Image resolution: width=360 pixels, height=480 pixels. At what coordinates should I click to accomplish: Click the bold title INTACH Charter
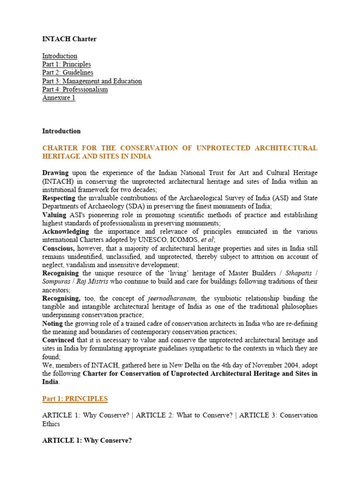[69, 39]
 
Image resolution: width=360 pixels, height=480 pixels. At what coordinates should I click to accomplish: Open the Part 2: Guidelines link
[67, 73]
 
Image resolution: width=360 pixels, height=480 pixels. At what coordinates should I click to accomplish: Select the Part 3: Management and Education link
[92, 81]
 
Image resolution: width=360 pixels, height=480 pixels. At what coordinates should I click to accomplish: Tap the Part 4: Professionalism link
[75, 90]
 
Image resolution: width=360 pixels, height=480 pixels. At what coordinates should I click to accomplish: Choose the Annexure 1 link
[59, 98]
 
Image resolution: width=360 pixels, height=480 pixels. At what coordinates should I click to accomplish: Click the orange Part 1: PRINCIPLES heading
[75, 399]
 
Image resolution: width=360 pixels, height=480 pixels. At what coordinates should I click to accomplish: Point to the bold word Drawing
[55, 173]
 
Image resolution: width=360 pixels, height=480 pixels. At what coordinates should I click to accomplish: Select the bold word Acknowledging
[66, 232]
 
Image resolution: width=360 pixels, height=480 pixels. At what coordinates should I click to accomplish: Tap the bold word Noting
[52, 323]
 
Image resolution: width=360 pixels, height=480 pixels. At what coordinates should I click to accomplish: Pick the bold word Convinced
[58, 340]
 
